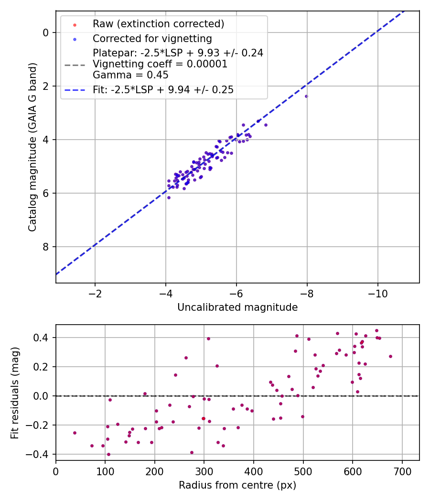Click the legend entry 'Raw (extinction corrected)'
click(x=158, y=24)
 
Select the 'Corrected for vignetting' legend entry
click(x=152, y=38)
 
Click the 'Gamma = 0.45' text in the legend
click(x=130, y=75)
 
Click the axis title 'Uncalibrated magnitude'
click(x=237, y=307)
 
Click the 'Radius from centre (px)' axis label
click(x=237, y=485)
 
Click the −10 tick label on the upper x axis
click(x=377, y=293)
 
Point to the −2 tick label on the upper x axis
click(x=95, y=293)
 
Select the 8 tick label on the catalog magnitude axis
click(x=46, y=247)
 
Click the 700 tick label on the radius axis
click(x=402, y=471)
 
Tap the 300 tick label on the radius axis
click(x=204, y=471)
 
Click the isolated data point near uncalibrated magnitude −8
click(x=306, y=96)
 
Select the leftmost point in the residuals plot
click(x=75, y=433)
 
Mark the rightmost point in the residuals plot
click(x=390, y=356)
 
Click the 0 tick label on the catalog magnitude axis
click(x=46, y=33)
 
